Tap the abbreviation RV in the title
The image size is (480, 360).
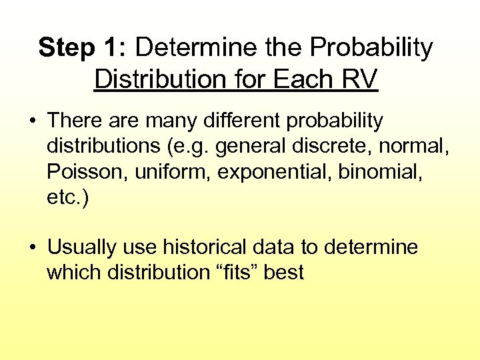[x=361, y=79]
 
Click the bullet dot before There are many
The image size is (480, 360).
[x=31, y=122]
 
